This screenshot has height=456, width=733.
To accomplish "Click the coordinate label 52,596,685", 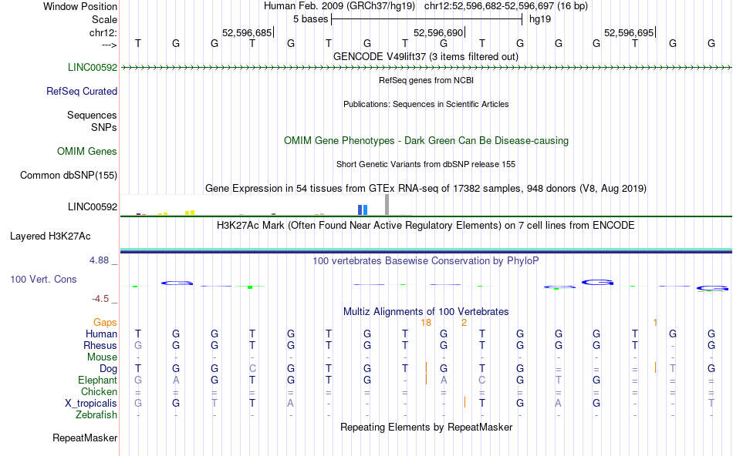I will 246,33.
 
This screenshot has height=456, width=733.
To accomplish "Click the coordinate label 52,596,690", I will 438,33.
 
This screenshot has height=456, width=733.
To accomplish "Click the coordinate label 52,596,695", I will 629,33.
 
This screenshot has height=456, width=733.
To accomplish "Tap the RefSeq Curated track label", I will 82,91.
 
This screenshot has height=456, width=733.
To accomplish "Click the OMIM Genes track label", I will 87,152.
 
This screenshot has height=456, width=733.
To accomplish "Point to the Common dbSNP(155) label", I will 69,176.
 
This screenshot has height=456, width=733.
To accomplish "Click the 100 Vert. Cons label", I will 43,279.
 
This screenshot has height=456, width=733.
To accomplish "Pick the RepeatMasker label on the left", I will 85,438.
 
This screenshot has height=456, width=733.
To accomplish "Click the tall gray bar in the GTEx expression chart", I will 387,204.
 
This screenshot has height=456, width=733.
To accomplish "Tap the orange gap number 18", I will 426,322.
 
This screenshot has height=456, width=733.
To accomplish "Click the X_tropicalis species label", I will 91,403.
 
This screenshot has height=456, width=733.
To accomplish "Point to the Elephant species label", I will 97,380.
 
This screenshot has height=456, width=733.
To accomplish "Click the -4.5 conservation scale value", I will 101,299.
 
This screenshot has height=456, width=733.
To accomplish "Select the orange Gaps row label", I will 106,322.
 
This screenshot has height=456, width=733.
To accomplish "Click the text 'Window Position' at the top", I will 80,6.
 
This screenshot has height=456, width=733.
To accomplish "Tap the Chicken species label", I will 99,391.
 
